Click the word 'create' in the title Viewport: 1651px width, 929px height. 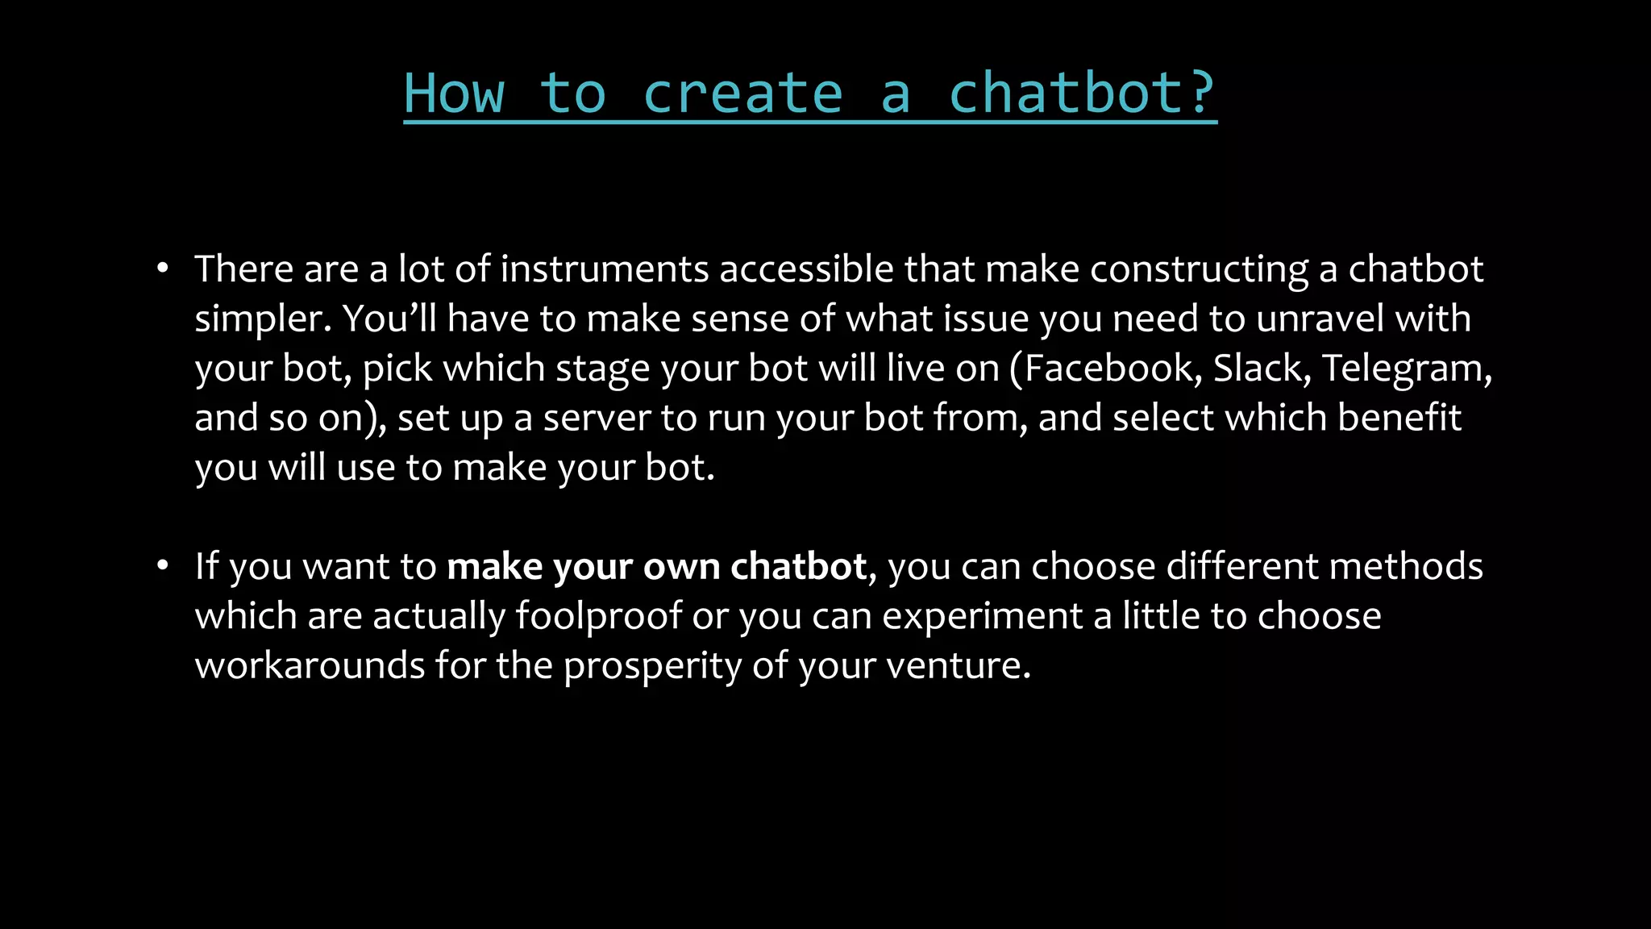click(x=742, y=94)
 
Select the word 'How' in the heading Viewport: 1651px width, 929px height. click(x=454, y=94)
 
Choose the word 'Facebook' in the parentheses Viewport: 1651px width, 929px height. click(x=1112, y=369)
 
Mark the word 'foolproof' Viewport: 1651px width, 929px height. click(x=598, y=617)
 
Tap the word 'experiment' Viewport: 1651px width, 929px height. click(x=982, y=617)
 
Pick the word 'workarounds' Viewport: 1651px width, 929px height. click(x=310, y=666)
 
